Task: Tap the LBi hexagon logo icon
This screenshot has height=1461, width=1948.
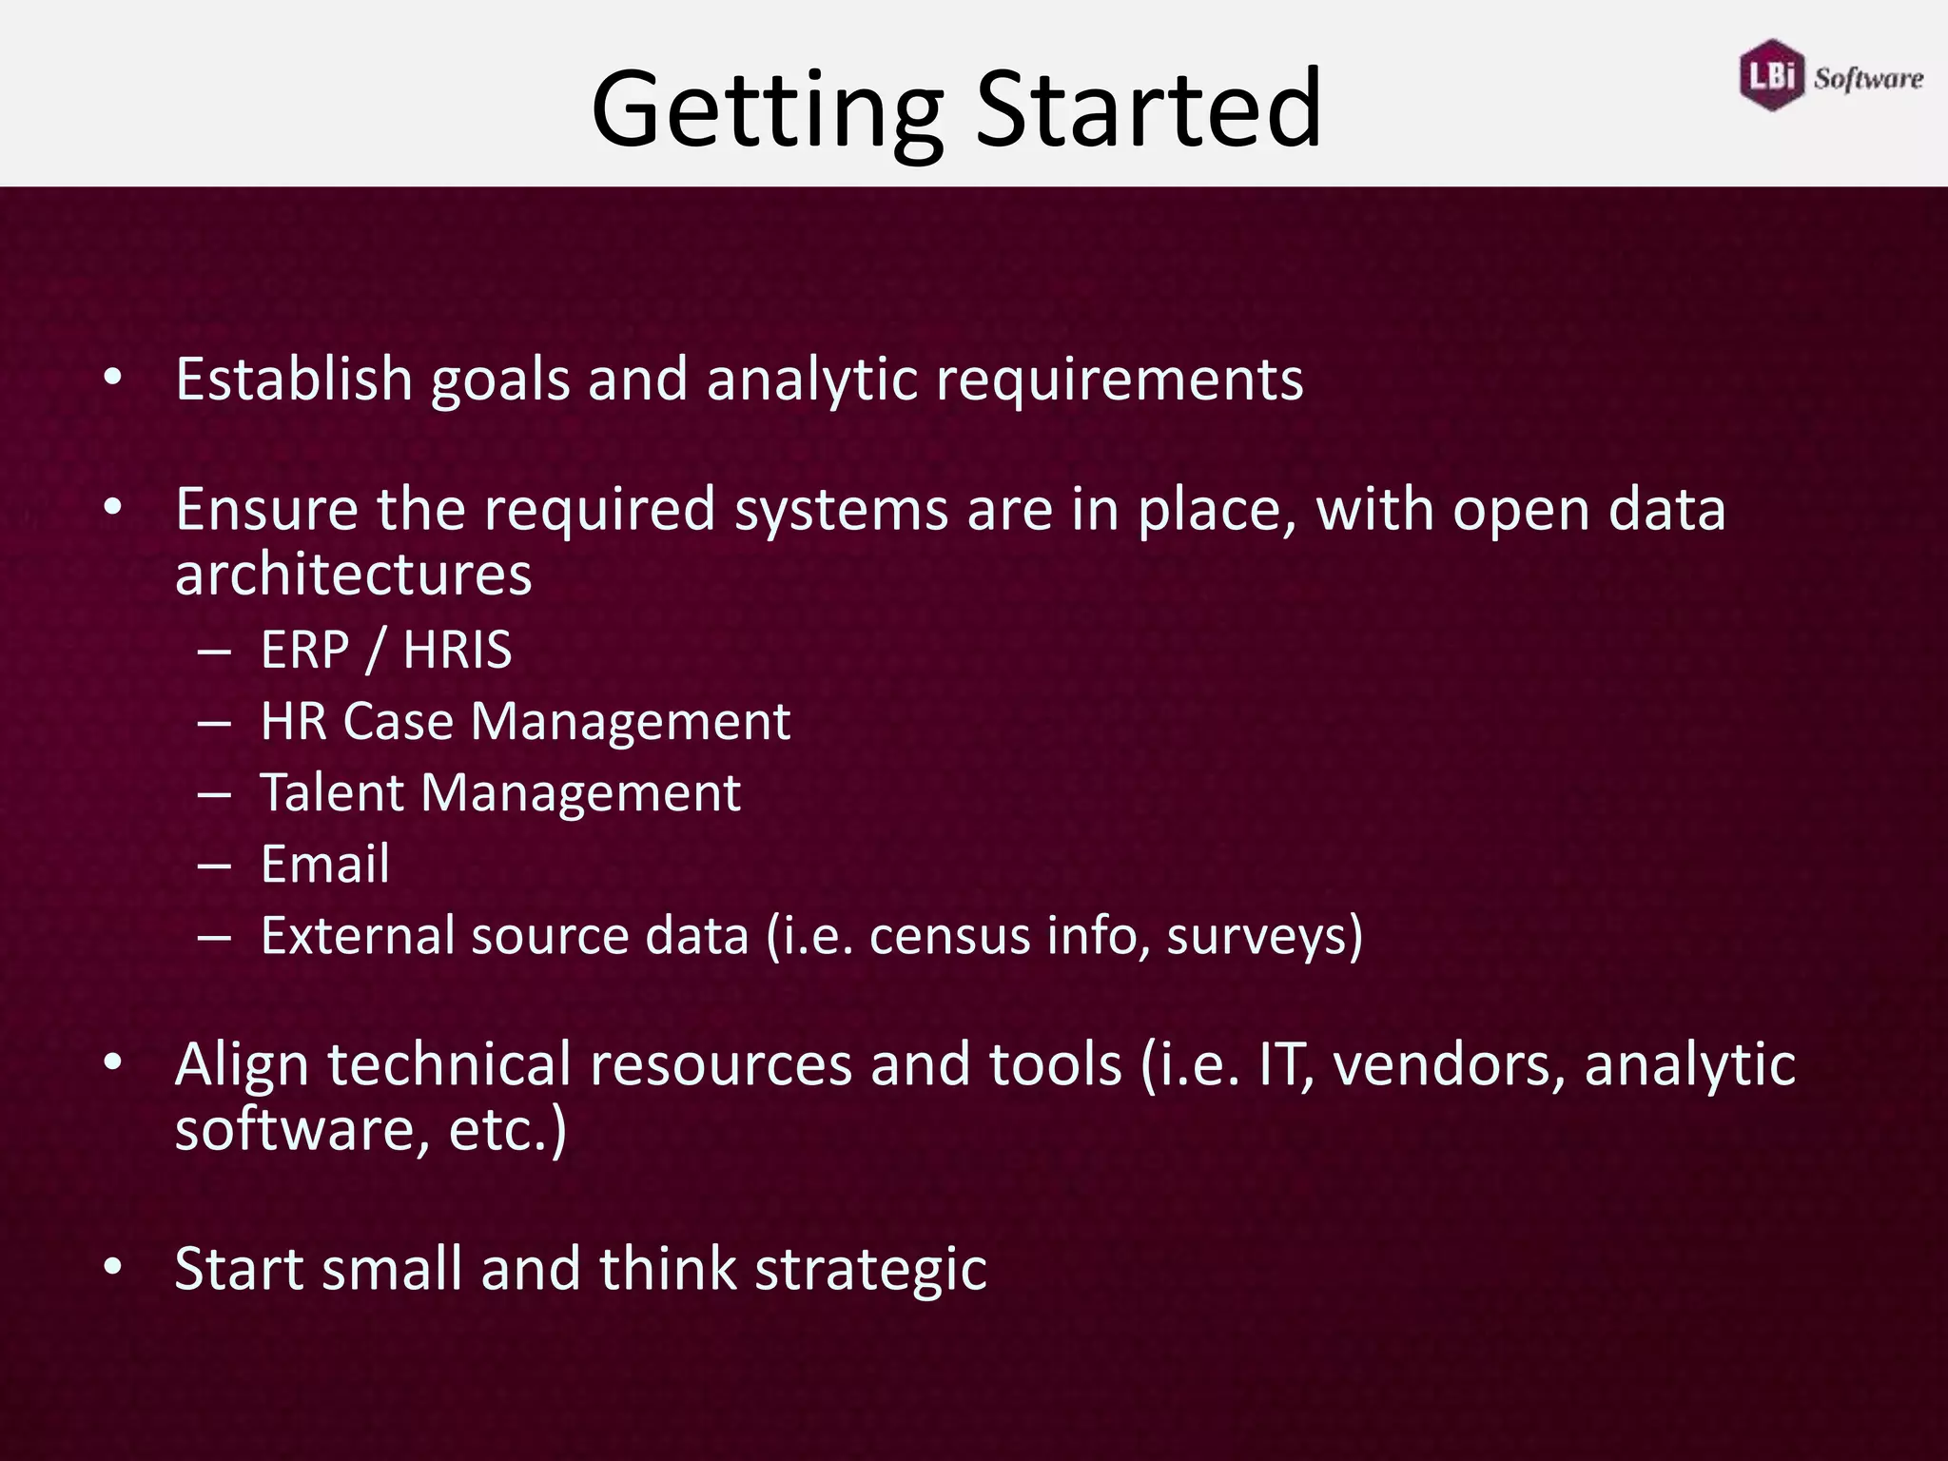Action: (x=1771, y=75)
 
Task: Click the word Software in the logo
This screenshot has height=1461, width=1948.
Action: (x=1868, y=78)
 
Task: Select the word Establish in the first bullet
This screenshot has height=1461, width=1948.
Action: (x=293, y=379)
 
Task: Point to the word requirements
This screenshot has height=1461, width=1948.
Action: (x=1120, y=380)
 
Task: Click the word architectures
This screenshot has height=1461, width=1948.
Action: (x=353, y=575)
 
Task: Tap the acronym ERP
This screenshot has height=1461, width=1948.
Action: (x=305, y=651)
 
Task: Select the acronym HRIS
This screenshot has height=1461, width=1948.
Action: (x=458, y=651)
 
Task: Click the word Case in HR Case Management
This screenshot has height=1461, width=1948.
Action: (x=398, y=722)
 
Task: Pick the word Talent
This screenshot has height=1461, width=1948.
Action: (x=332, y=792)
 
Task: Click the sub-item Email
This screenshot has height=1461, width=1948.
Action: (x=325, y=865)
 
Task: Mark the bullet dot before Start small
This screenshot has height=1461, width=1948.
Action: (x=113, y=1267)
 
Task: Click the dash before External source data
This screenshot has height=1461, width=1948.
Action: (x=215, y=937)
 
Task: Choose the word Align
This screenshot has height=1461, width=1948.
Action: (x=242, y=1064)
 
